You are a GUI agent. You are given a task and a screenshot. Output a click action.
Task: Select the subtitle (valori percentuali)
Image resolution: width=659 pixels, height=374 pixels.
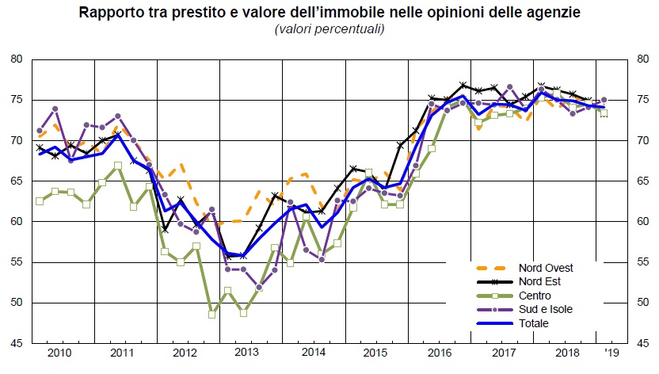pos(329,29)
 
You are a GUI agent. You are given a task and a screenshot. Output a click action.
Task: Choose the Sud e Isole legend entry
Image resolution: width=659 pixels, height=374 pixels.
pos(546,309)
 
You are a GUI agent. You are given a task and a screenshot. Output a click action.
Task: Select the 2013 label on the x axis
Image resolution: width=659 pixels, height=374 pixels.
pos(248,352)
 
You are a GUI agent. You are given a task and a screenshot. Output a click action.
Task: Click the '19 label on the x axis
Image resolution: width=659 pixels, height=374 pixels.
pos(611,352)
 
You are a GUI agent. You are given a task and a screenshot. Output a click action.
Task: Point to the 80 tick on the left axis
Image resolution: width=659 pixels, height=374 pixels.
pos(16,59)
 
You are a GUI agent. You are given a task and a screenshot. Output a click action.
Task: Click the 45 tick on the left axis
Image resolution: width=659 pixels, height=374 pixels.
pos(16,343)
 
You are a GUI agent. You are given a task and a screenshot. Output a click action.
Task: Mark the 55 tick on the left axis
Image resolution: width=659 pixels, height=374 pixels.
pos(16,262)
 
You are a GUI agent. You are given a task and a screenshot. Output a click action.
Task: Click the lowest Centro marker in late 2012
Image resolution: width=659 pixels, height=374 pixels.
pos(212,314)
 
